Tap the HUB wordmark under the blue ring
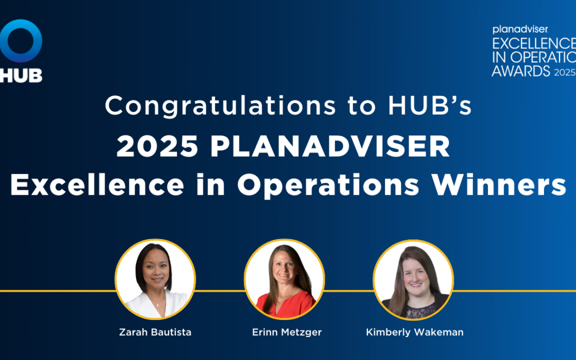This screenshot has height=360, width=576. click(21, 75)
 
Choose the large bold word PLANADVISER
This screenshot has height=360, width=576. click(330, 147)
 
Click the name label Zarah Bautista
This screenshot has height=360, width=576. click(155, 332)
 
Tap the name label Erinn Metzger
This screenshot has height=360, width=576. click(287, 332)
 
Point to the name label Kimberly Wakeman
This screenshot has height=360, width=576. click(414, 332)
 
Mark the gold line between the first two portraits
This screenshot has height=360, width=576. click(220, 291)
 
